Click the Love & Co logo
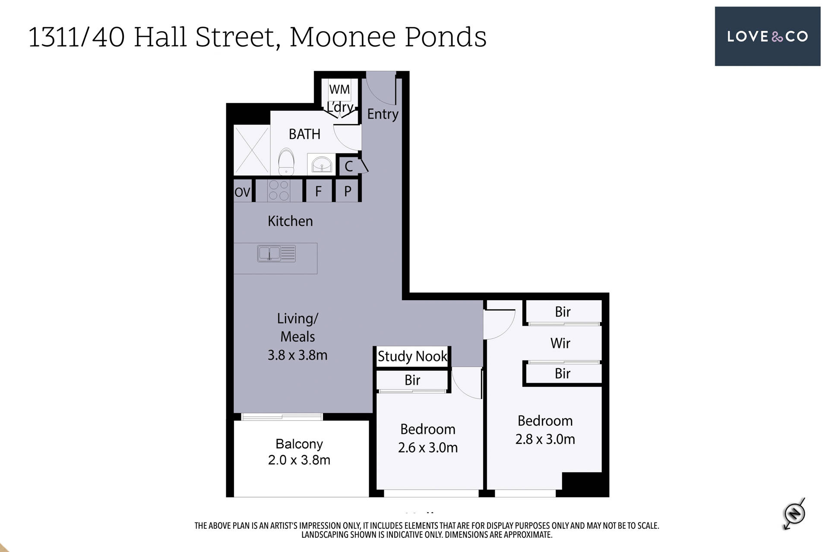point(767,36)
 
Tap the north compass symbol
point(794,514)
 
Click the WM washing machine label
point(339,89)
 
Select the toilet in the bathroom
point(286,162)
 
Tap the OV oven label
point(242,192)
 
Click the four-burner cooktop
point(278,191)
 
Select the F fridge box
point(319,191)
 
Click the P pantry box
point(348,191)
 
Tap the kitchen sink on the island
point(276,254)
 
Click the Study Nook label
point(412,356)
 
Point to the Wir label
point(560,343)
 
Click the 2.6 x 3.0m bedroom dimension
point(428,448)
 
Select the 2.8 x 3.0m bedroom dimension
point(545,439)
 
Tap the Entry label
point(383,114)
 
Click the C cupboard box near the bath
point(349,166)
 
